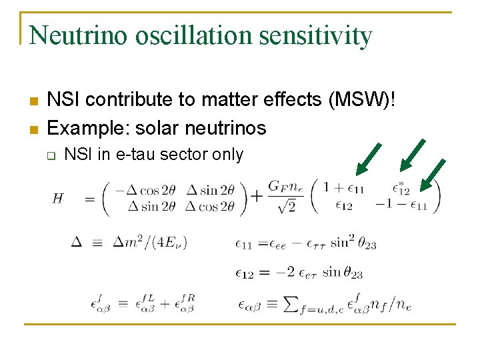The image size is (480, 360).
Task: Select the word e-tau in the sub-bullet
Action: coord(134,155)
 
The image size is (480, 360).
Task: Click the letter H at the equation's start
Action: coord(59,199)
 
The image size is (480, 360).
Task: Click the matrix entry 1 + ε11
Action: coord(345,188)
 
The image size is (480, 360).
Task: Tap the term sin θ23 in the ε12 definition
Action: coord(342,273)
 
